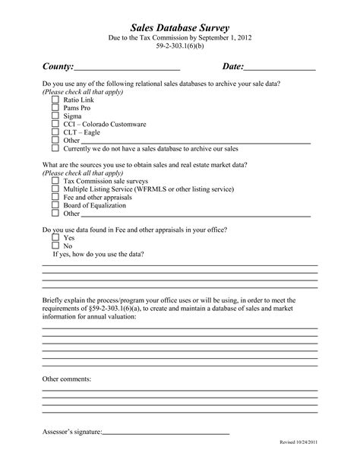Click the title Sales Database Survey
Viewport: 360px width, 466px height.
click(x=179, y=27)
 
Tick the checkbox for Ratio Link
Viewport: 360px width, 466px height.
click(x=55, y=100)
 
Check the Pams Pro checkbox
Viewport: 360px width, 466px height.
click(x=55, y=110)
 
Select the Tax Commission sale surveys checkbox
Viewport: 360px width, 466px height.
click(x=55, y=182)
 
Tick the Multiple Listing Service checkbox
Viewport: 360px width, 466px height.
click(x=55, y=192)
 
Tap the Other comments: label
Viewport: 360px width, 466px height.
click(x=67, y=378)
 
